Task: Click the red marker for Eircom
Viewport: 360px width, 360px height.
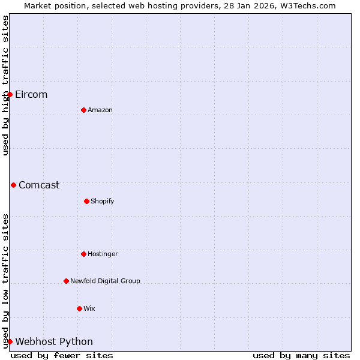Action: (10, 94)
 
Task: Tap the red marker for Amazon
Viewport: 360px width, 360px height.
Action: (83, 110)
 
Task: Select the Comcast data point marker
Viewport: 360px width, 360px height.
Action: (13, 185)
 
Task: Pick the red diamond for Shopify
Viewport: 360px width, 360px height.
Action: (86, 201)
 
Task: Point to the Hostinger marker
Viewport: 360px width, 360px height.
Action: (83, 254)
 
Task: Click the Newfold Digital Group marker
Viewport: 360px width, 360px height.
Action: (66, 281)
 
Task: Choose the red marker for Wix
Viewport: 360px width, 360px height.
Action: (79, 308)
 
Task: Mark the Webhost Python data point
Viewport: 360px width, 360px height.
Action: (10, 341)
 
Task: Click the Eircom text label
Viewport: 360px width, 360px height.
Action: (31, 94)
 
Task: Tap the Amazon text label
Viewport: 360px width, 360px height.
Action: (100, 110)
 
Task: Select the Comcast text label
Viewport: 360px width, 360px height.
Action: (39, 185)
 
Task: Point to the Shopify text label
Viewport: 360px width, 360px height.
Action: (103, 201)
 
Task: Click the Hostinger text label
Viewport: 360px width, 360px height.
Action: (103, 254)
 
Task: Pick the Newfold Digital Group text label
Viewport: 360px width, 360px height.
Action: (105, 281)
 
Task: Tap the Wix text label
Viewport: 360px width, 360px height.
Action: (89, 308)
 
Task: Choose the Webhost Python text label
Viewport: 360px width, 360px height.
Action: (54, 341)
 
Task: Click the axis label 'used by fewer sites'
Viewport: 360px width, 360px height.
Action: (62, 355)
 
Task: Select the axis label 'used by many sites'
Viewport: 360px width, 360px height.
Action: (301, 355)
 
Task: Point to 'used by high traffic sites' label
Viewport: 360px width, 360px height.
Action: (5, 85)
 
